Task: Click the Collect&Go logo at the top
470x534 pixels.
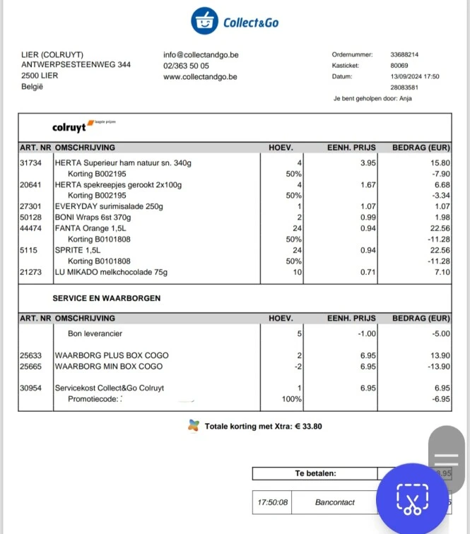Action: point(235,22)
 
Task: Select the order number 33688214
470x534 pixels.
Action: point(405,54)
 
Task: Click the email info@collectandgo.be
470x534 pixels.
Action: point(201,54)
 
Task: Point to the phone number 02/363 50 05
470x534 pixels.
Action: point(186,66)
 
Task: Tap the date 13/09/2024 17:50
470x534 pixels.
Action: point(415,76)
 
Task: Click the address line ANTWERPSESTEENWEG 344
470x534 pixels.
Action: point(76,65)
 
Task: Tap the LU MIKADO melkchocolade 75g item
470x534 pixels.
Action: point(111,272)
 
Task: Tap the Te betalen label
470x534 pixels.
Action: point(315,473)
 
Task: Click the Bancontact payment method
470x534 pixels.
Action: point(335,502)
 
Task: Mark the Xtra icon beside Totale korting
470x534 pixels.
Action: point(194,426)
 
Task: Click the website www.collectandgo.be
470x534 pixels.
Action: point(200,77)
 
